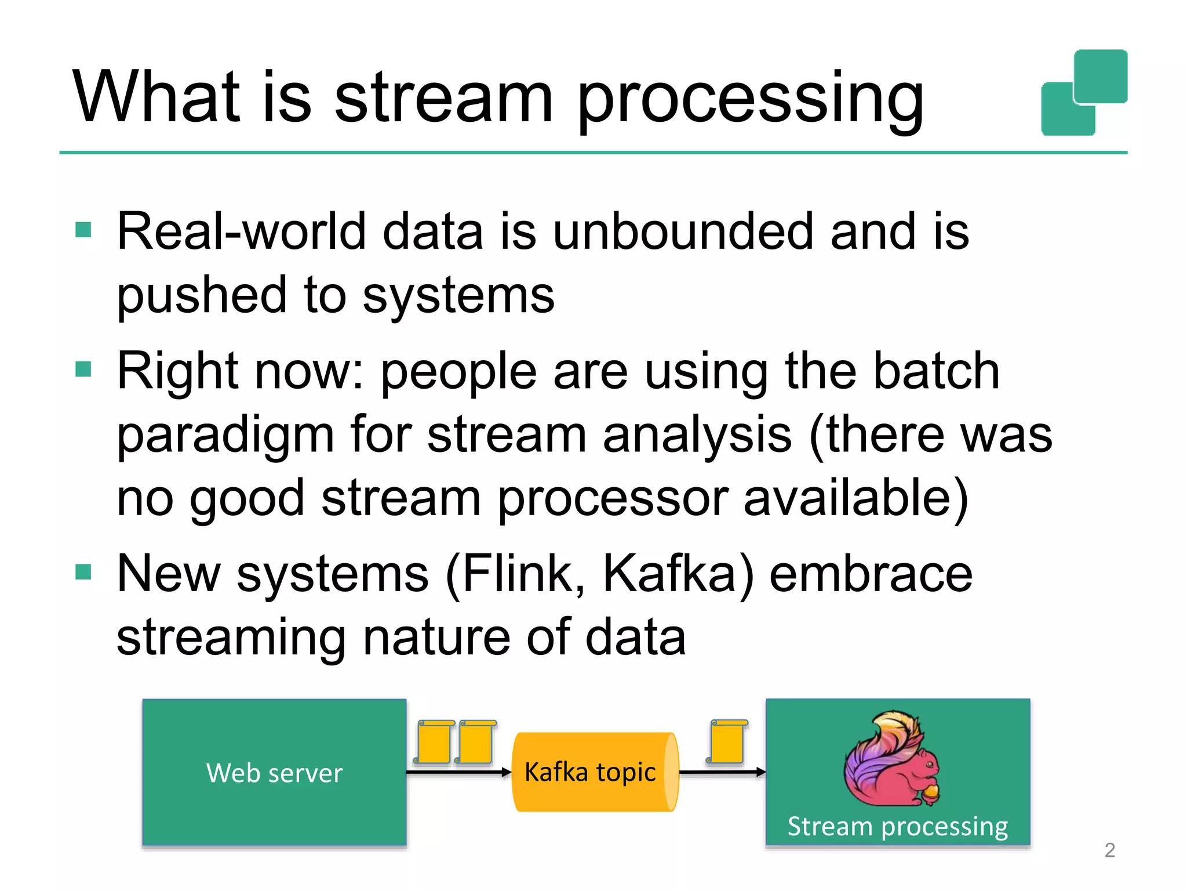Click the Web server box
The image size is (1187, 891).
coord(274,772)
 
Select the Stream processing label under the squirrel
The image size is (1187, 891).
coord(897,826)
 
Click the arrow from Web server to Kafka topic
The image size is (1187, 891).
coord(458,772)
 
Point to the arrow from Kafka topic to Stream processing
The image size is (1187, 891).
coord(722,772)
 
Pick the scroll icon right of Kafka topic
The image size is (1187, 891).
coord(727,742)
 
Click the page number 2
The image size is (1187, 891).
coord(1109,850)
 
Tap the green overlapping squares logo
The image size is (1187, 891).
coord(1084,93)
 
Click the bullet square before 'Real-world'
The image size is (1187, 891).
coord(83,230)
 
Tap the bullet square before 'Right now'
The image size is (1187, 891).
coord(83,370)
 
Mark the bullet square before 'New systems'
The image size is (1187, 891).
coord(83,573)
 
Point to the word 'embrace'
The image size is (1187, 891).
coord(871,574)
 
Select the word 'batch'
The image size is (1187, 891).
coord(936,371)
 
